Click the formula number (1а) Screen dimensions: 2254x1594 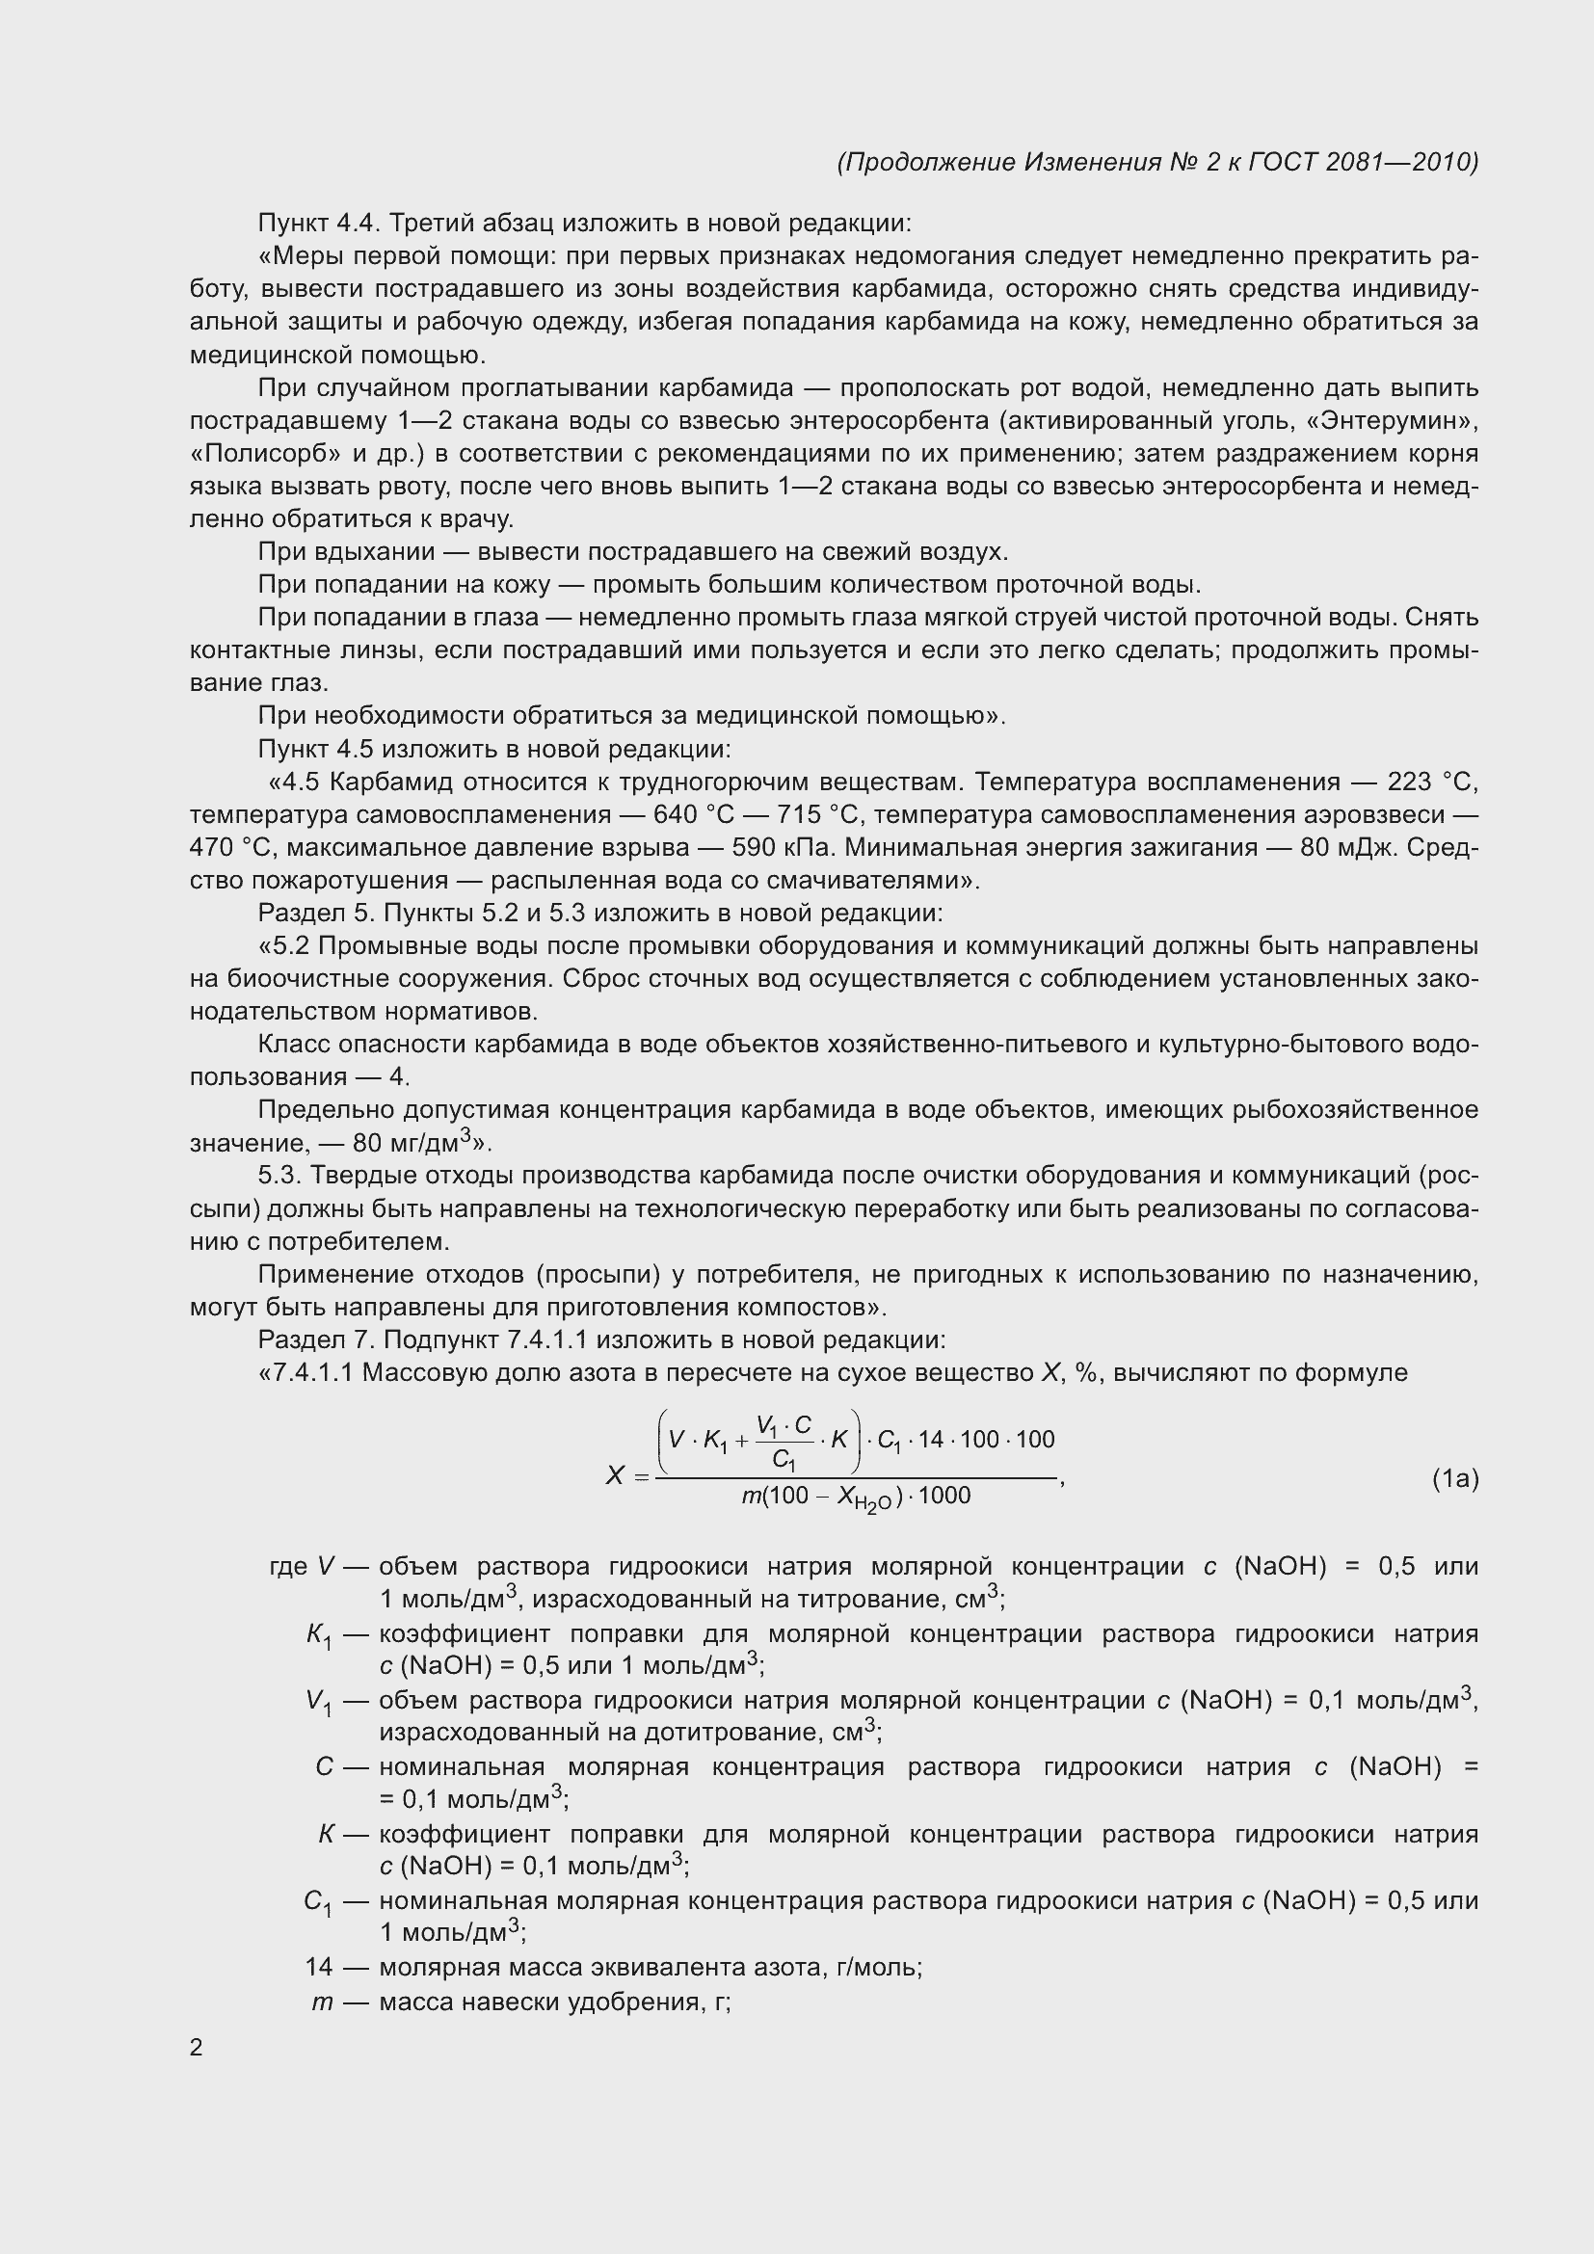point(1454,1478)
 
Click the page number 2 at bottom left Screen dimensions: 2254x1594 point(197,2048)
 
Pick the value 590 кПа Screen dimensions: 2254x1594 point(786,848)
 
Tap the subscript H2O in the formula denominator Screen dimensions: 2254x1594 point(871,1504)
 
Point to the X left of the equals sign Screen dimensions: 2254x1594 point(616,1475)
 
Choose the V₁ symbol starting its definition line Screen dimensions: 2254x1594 point(318,1702)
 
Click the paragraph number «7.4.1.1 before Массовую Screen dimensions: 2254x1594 point(306,1372)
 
